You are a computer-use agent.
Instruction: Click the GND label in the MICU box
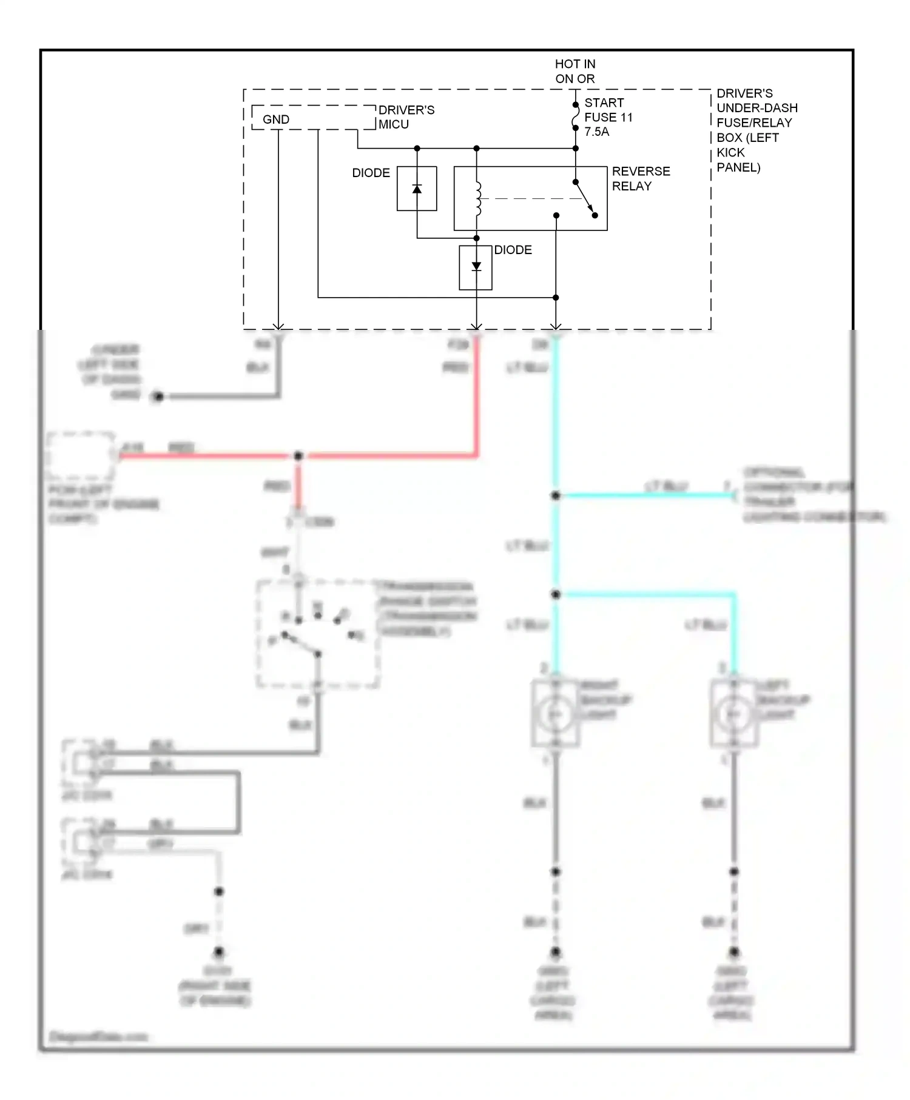tap(275, 119)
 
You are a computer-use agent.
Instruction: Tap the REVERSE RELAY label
tap(640, 179)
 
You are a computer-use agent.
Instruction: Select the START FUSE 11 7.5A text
tap(608, 117)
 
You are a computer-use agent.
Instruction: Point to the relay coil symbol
tap(478, 198)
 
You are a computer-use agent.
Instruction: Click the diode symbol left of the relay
tap(417, 189)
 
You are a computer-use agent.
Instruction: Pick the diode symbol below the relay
tap(476, 267)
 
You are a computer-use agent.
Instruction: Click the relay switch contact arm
tap(585, 198)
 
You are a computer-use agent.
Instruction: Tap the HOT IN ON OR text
tap(575, 72)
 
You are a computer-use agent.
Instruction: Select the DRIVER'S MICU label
tap(406, 117)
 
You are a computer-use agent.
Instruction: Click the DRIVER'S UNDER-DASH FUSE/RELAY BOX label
tap(756, 130)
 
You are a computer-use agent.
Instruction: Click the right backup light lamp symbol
tap(555, 714)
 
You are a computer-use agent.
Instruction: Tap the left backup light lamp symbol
tap(733, 714)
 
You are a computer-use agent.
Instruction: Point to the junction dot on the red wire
tap(298, 456)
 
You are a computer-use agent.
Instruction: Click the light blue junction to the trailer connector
tap(555, 495)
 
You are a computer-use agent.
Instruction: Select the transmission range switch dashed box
tap(318, 634)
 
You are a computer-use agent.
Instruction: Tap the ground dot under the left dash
tap(158, 397)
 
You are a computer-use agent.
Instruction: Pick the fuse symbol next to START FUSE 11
tap(575, 116)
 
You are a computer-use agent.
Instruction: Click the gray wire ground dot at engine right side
tap(219, 951)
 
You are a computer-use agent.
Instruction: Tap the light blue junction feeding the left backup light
tap(555, 594)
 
